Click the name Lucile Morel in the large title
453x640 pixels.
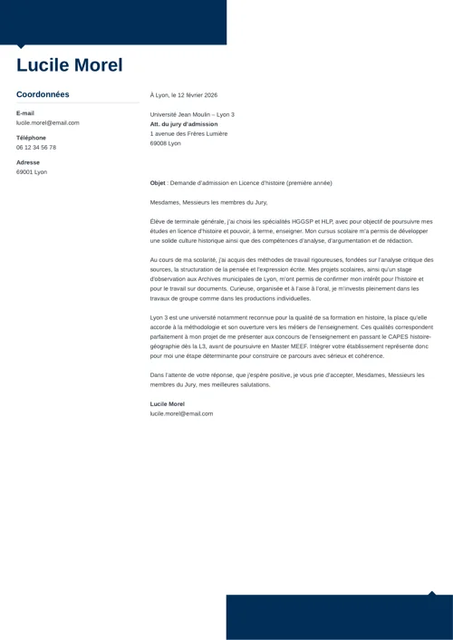click(69, 65)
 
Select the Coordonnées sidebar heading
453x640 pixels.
click(43, 94)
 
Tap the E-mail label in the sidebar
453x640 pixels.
click(25, 113)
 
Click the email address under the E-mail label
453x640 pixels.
click(47, 122)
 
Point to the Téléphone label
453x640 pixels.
click(31, 138)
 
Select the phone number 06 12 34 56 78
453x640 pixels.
click(36, 147)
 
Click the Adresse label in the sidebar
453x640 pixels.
click(28, 162)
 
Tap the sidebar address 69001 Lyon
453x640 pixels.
click(32, 171)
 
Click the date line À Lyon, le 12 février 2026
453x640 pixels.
click(183, 95)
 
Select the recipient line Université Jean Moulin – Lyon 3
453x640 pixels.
click(192, 114)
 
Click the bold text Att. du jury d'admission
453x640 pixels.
click(184, 124)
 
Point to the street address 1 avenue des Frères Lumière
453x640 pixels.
click(188, 133)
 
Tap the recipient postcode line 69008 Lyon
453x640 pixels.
click(166, 143)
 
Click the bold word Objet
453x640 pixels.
click(158, 183)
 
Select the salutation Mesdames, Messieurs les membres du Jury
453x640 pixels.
click(208, 202)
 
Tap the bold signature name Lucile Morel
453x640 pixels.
click(168, 403)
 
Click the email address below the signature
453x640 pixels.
click(181, 413)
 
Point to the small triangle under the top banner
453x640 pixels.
click(22, 47)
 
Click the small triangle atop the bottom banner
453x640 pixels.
click(431, 593)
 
